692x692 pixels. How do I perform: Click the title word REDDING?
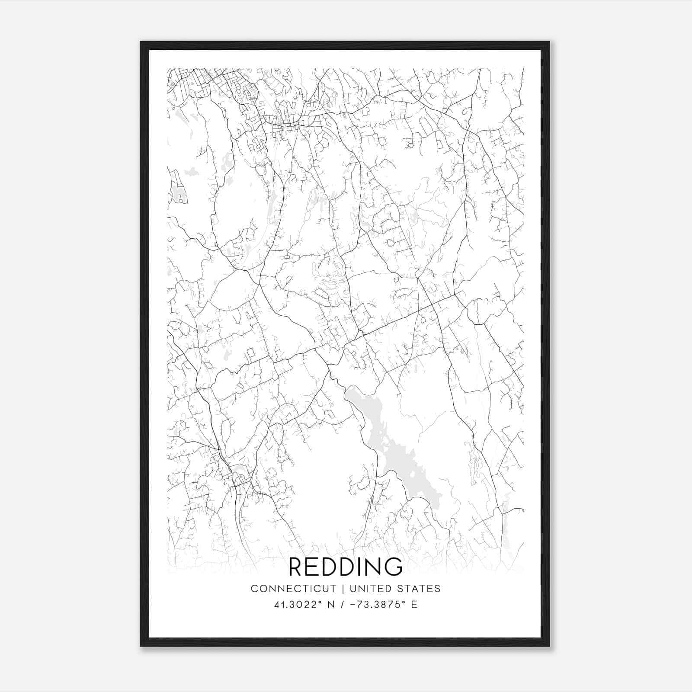click(346, 567)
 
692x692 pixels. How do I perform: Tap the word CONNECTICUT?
click(294, 589)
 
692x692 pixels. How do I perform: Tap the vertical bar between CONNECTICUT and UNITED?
click(343, 589)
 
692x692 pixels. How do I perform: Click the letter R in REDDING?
click(296, 567)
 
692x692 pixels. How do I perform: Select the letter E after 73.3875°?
click(414, 605)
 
